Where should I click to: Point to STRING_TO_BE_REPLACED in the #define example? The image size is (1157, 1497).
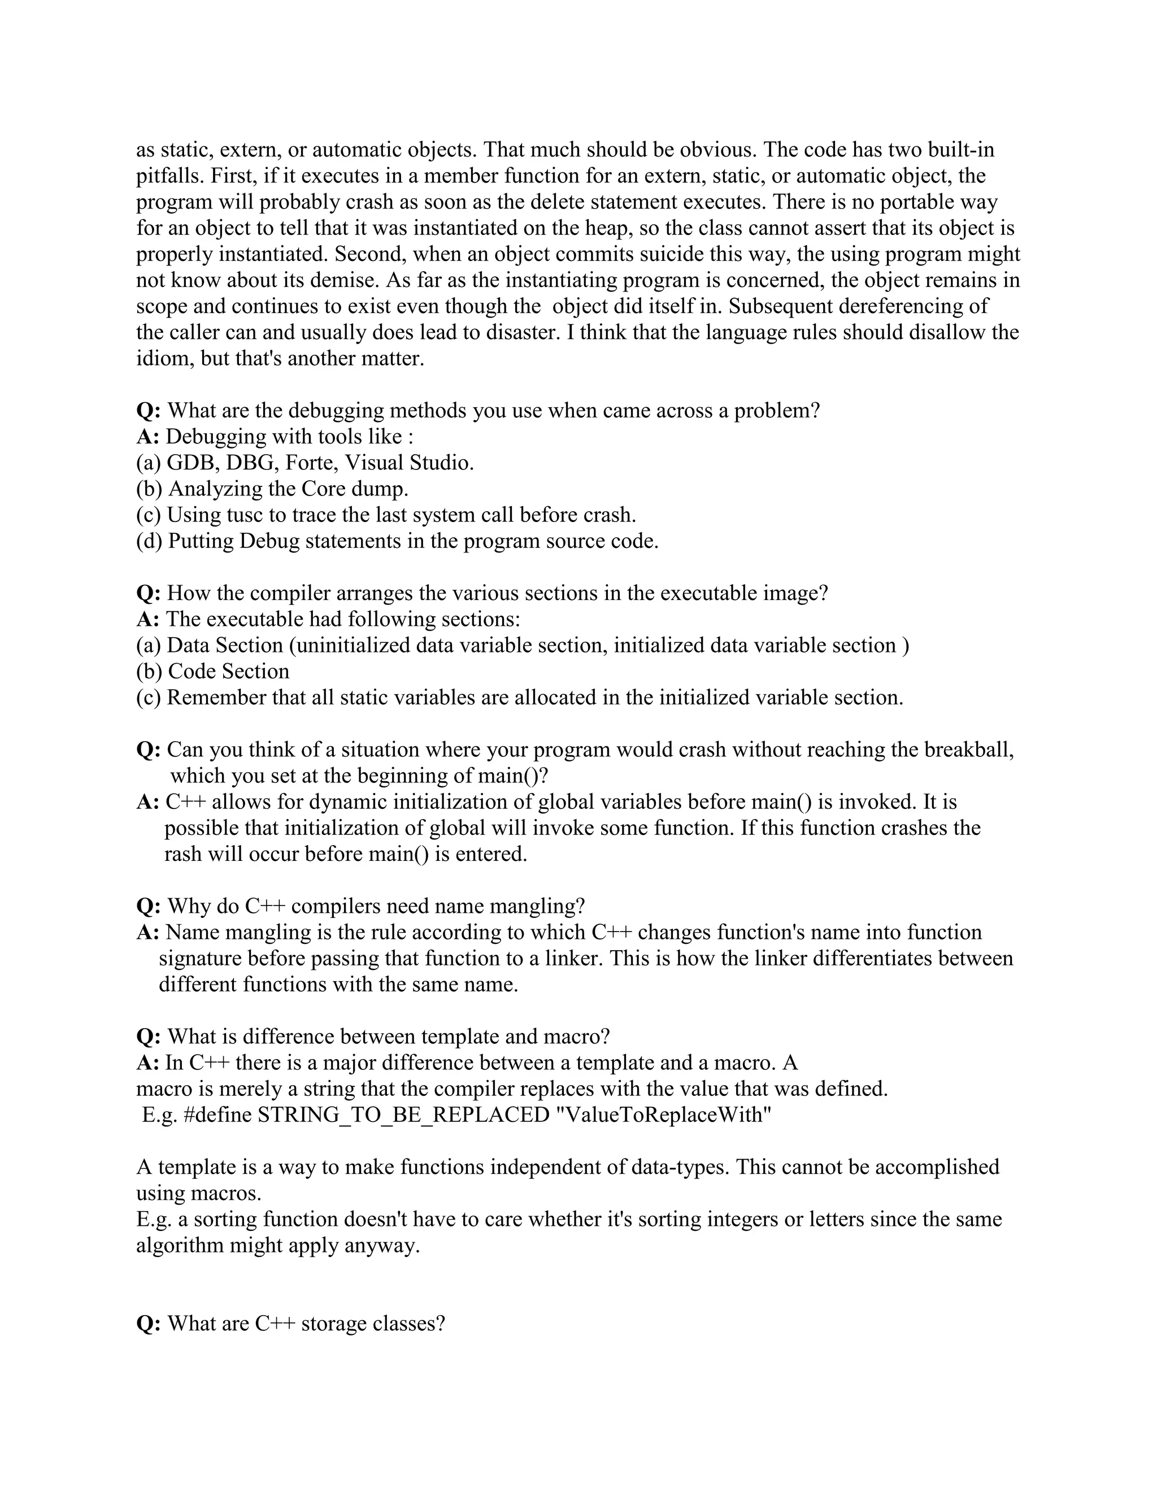[404, 1115]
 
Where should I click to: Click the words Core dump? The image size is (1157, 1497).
[364, 489]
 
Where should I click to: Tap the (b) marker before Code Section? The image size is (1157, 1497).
[149, 671]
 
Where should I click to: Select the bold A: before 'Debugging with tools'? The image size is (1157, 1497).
[147, 437]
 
